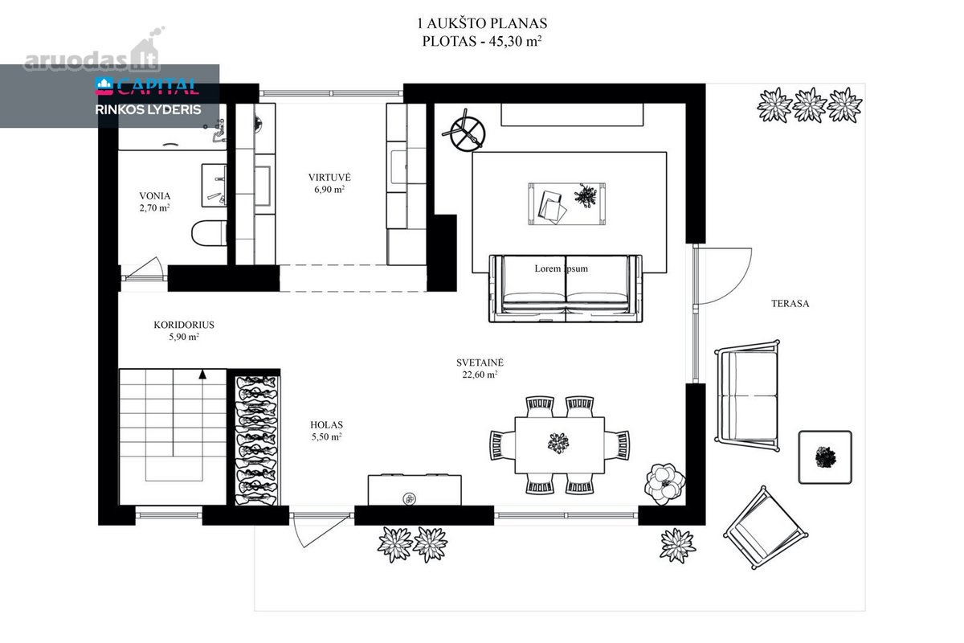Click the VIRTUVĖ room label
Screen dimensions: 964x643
click(x=329, y=177)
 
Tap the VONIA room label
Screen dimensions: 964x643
click(x=154, y=196)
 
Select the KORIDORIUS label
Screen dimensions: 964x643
click(x=184, y=325)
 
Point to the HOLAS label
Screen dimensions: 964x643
click(x=326, y=424)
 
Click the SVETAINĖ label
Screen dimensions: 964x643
click(x=480, y=362)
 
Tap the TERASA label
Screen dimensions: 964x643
click(x=790, y=304)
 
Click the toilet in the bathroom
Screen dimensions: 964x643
click(x=209, y=233)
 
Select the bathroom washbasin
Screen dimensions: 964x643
click(x=214, y=185)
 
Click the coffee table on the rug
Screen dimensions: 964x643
click(x=567, y=203)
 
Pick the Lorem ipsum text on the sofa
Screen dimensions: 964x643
click(x=562, y=268)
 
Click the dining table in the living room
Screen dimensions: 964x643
click(x=559, y=445)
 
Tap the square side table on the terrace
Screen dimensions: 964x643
click(x=825, y=457)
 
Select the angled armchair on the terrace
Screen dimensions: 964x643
click(x=766, y=528)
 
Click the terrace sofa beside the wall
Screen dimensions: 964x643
click(x=747, y=395)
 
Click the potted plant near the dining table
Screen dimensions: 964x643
click(x=664, y=484)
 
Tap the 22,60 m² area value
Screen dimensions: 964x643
click(x=480, y=375)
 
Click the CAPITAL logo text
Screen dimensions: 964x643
click(x=158, y=87)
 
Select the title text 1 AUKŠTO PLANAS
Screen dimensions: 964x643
click(x=482, y=23)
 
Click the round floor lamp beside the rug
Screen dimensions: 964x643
click(x=464, y=133)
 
